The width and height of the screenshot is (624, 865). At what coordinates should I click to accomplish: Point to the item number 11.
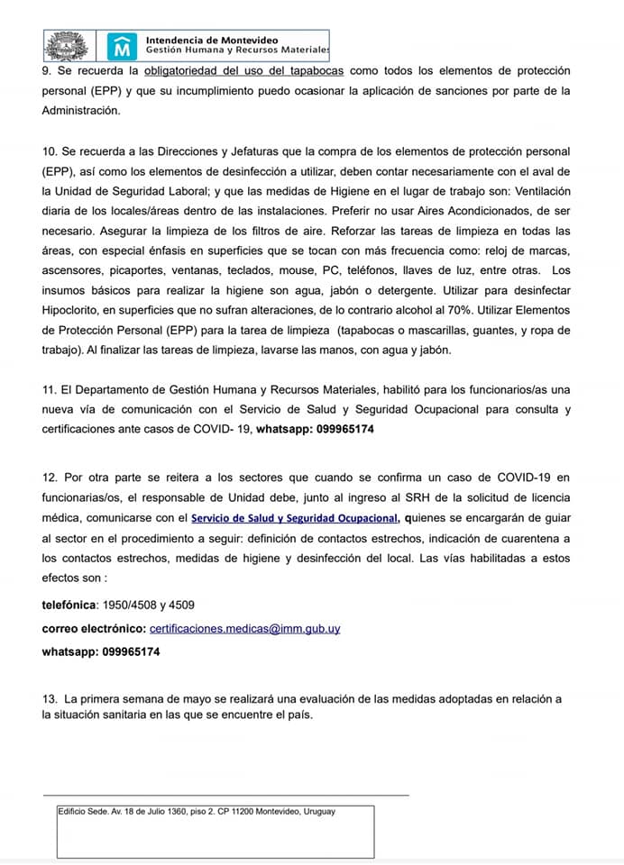[50, 389]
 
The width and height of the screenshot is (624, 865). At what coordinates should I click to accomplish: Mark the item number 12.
[50, 478]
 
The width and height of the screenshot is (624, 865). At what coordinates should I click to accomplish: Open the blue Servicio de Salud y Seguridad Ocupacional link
[294, 518]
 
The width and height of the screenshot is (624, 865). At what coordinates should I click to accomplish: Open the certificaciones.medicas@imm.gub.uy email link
[244, 628]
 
